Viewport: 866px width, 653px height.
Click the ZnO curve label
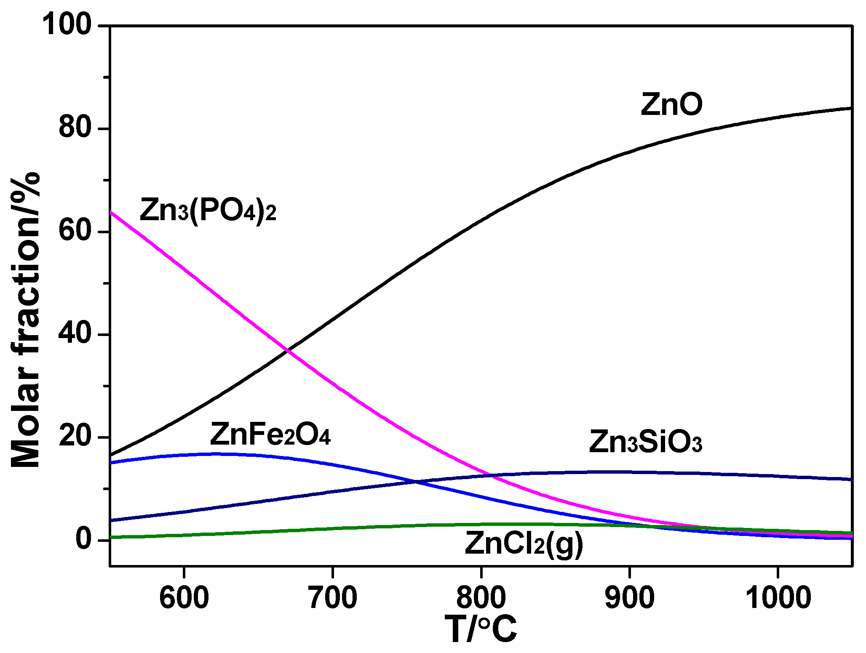[671, 104]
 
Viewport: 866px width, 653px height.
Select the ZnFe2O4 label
[270, 434]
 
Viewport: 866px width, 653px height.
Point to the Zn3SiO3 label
[645, 442]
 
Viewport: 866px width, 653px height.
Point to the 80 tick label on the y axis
[75, 128]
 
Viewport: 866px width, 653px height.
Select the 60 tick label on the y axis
[75, 231]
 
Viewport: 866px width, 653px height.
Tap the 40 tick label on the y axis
[75, 334]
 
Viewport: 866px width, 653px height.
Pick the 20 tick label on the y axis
[75, 437]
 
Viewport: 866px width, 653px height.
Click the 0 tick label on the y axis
[84, 539]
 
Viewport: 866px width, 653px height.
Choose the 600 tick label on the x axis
[184, 597]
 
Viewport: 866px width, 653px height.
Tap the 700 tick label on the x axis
[333, 597]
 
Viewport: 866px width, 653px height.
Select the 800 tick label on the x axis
[481, 597]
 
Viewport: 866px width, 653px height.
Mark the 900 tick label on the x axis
[630, 597]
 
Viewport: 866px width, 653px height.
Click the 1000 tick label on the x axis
[778, 597]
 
